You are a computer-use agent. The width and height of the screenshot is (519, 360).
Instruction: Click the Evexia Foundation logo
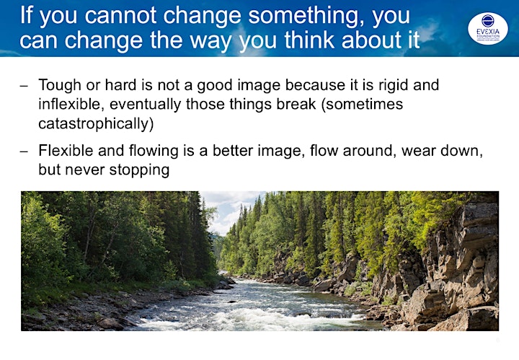coord(488,28)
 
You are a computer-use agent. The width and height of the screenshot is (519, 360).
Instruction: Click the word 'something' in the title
coord(306,16)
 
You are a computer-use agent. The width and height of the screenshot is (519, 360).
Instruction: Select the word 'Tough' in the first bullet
coord(60,85)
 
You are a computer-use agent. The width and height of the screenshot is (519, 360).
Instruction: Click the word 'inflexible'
coord(71,104)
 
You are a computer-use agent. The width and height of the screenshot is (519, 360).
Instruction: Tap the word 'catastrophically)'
coord(96,124)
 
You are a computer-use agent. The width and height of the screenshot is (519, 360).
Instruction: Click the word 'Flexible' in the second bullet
coord(66,151)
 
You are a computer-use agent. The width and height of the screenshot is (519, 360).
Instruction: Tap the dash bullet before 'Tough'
coord(24,86)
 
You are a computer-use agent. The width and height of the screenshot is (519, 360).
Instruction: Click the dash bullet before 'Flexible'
coord(24,152)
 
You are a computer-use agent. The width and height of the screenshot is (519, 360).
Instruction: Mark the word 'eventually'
coord(146,105)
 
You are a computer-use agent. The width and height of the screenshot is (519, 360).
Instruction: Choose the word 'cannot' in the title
coord(120,16)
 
